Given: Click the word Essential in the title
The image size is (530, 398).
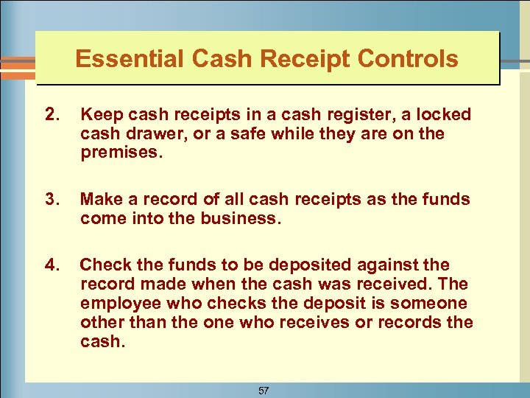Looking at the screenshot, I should (119, 58).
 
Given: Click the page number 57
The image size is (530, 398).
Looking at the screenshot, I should (264, 391).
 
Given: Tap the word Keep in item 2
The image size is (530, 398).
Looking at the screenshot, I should (99, 115).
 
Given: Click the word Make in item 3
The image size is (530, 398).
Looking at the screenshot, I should (100, 198).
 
